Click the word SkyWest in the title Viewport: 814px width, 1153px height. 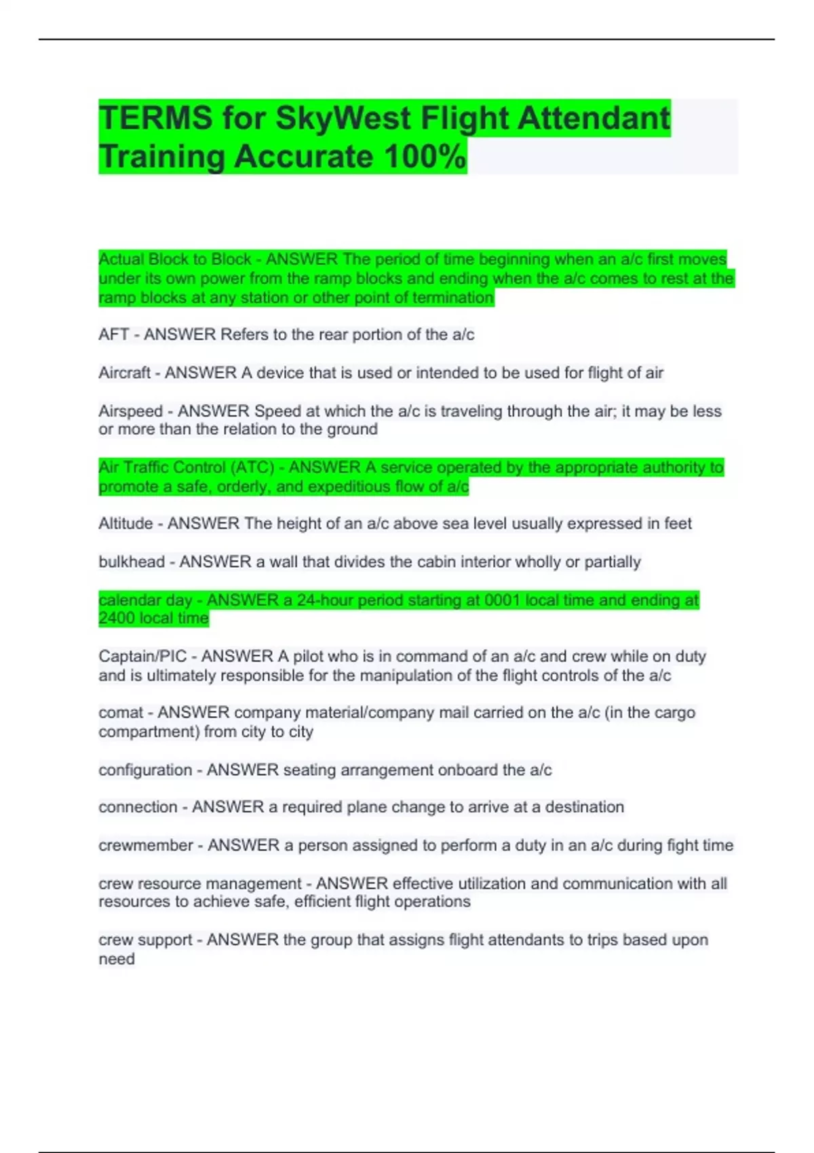(x=344, y=118)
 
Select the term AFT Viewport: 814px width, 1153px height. (x=113, y=334)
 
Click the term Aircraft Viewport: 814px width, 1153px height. (x=125, y=372)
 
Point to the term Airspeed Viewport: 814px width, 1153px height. (x=130, y=411)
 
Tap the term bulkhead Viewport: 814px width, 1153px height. (x=132, y=562)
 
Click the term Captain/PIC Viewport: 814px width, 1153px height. (x=142, y=657)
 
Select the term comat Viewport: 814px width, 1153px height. (x=121, y=713)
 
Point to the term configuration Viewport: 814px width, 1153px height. (x=145, y=770)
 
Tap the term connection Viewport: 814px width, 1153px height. (x=138, y=807)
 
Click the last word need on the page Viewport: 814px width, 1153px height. (x=117, y=959)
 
